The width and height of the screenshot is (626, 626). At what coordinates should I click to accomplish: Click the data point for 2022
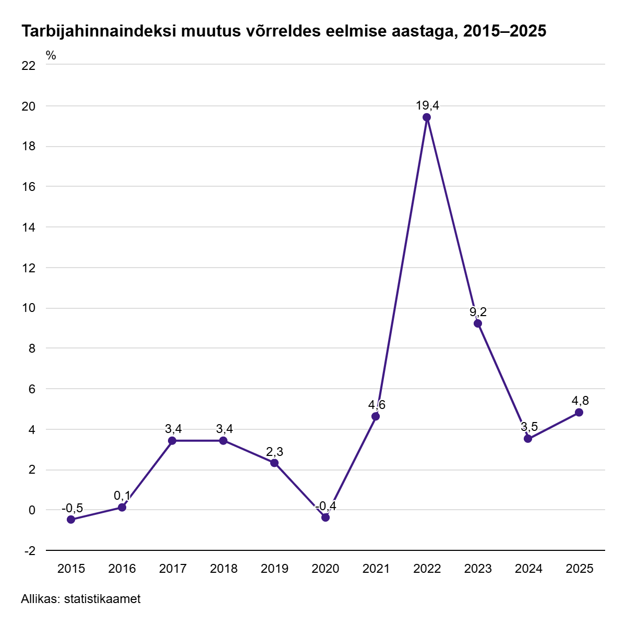click(427, 117)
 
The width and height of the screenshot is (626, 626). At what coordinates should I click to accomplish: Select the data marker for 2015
click(71, 520)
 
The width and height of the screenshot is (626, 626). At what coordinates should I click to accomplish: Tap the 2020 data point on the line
click(326, 517)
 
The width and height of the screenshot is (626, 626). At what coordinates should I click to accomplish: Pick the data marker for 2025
click(579, 413)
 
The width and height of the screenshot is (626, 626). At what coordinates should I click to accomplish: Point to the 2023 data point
click(478, 323)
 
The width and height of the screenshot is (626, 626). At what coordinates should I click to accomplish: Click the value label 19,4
click(427, 105)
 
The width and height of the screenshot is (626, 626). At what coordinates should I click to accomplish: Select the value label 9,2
click(478, 312)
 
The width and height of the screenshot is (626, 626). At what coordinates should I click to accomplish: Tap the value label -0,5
click(72, 508)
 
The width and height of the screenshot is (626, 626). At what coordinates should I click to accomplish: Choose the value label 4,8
click(580, 401)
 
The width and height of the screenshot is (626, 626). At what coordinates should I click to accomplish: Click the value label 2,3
click(274, 451)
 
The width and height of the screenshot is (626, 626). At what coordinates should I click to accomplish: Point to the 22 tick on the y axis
click(29, 66)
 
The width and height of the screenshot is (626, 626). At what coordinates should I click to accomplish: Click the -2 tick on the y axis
click(30, 551)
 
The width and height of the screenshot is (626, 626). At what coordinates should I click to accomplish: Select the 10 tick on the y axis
click(29, 308)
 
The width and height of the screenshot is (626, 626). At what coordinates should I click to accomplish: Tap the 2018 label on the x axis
click(223, 569)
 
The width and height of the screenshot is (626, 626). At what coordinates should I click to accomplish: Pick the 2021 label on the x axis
click(376, 569)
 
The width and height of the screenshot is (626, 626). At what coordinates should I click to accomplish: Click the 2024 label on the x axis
click(528, 569)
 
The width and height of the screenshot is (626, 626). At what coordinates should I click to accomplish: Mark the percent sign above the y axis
click(51, 55)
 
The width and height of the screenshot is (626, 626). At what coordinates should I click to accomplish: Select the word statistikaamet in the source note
click(102, 599)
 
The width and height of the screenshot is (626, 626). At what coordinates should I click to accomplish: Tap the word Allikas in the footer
click(40, 599)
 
